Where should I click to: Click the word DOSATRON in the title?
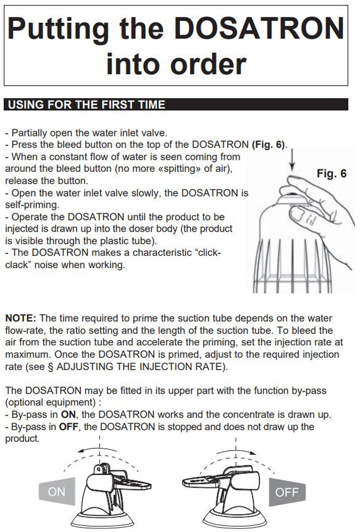pos(259,28)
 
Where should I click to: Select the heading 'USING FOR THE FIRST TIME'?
pos(86,104)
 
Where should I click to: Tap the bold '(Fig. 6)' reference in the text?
pos(269,145)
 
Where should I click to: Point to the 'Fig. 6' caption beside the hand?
pos(332,174)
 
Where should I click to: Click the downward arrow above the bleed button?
pos(292,161)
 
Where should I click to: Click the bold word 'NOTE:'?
pos(20,318)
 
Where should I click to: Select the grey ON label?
pos(57,491)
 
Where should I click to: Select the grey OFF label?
pos(287,492)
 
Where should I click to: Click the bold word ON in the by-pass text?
pos(69,415)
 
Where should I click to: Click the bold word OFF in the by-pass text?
pos(69,426)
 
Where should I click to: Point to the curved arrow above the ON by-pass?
pos(97,449)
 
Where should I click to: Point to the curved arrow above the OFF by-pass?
pos(237,450)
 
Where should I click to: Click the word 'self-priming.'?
pos(32,205)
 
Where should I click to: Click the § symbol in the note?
pos(51,367)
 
